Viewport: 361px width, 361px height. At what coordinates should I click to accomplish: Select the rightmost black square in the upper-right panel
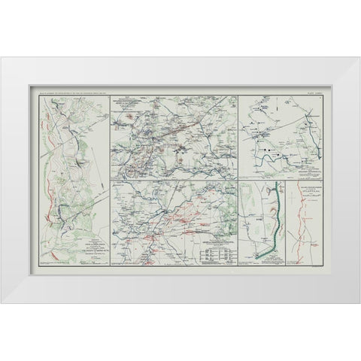(x=279, y=155)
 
